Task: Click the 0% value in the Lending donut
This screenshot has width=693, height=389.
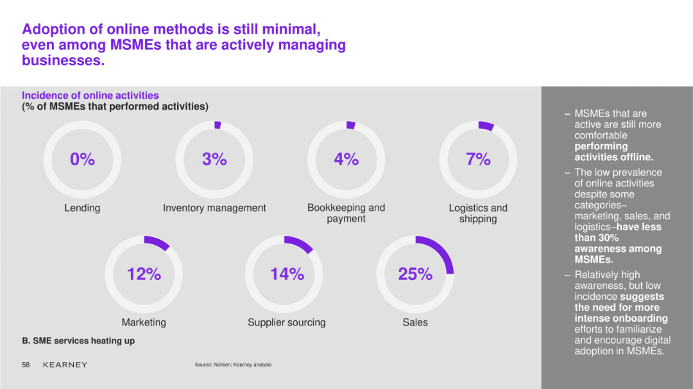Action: coord(82,159)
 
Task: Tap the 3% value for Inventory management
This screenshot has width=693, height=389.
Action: coord(214,159)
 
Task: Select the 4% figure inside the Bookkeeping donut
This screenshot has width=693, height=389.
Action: coord(346,159)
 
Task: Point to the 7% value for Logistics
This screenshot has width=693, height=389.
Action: coord(478,159)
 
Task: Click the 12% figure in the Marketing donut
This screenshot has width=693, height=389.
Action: coord(144,274)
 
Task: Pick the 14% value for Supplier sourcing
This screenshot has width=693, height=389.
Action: coord(287,274)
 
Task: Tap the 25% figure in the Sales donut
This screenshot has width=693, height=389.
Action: coord(415,274)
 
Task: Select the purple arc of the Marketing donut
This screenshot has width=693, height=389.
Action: coord(158,242)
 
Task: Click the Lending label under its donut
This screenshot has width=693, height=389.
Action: coord(82,208)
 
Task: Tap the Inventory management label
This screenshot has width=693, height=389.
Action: coord(214,208)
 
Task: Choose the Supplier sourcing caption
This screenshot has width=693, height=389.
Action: coord(286,322)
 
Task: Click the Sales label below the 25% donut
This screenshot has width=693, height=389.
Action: coord(415,322)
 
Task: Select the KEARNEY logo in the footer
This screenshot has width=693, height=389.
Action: coord(65,365)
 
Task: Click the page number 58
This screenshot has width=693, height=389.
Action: coord(26,365)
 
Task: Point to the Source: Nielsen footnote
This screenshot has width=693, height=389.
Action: coord(233,365)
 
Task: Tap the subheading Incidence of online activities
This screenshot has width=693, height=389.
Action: coord(90,95)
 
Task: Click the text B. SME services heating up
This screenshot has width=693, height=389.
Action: coord(78,341)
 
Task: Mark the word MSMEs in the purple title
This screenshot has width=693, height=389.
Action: coord(135,45)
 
